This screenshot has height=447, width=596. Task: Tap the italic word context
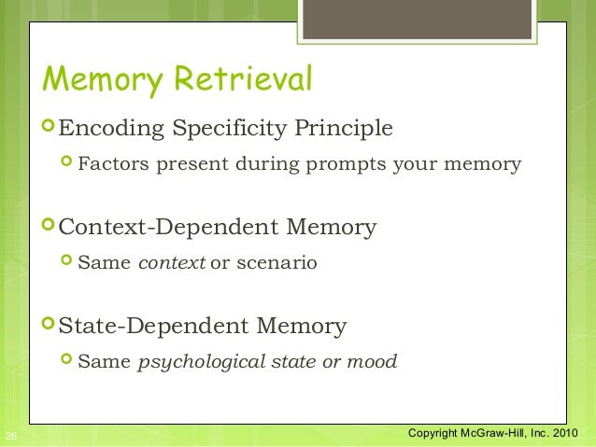(x=172, y=263)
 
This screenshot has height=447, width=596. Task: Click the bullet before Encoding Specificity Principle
(x=49, y=126)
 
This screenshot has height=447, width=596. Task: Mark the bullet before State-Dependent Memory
(x=49, y=325)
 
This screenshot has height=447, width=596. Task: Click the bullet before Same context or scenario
(x=66, y=262)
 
